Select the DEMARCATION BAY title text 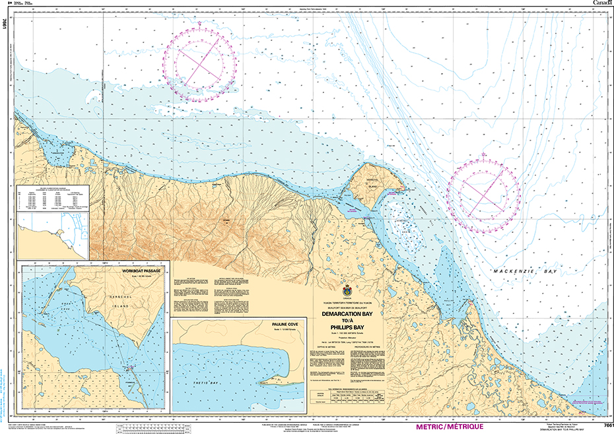348,315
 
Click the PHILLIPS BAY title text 348,326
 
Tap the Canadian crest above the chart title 348,291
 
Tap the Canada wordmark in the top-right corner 601,3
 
